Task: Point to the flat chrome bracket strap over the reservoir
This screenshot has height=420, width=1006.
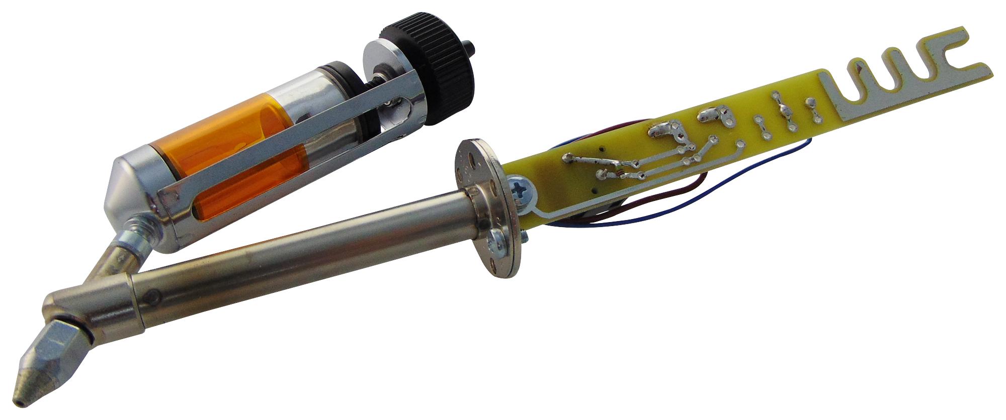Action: coord(282,151)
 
